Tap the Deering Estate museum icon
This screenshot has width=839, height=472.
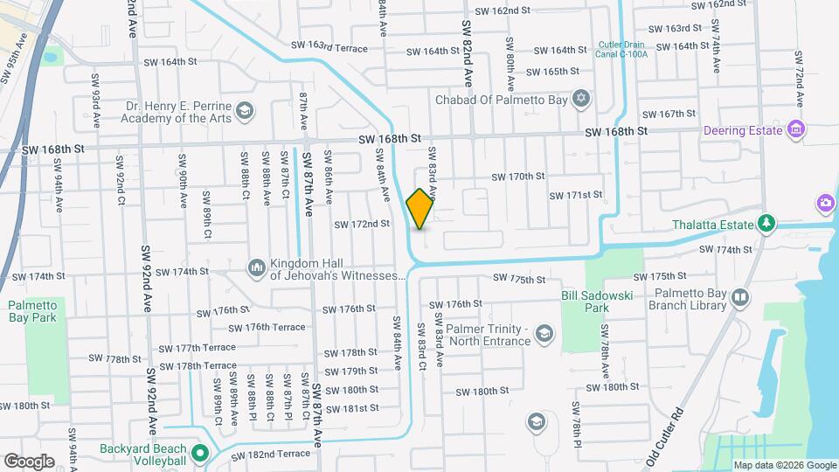pos(795,131)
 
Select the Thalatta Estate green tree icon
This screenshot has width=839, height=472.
pos(766,225)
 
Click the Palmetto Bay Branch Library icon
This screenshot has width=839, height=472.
pos(740,299)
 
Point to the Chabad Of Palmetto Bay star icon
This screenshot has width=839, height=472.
pos(579,98)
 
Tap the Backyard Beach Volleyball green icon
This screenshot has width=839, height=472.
pos(200,453)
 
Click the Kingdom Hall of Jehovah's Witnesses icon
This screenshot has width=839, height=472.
pos(257,267)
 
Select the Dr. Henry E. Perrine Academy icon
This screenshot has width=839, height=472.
pos(246,111)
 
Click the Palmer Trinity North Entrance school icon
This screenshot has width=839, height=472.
pos(545,334)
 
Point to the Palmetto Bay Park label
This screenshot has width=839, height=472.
pos(32,310)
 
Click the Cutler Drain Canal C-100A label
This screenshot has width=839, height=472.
pos(623,50)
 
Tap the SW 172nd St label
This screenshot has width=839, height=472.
pos(361,225)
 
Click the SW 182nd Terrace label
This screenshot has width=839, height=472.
pos(270,453)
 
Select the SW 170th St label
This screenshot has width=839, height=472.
pos(518,177)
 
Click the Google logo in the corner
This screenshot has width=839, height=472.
pos(29,461)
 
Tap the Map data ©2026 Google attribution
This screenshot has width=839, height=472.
pos(783,465)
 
